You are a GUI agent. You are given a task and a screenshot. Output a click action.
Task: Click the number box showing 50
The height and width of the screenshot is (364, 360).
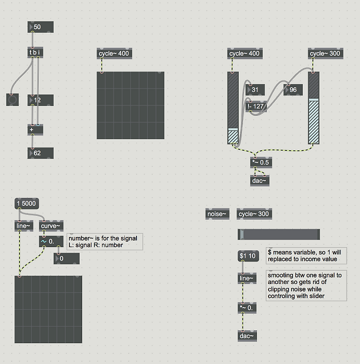40,27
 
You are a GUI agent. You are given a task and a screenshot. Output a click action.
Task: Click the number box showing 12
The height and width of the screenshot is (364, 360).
40,100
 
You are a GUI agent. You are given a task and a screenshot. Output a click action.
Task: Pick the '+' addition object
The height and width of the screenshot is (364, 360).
35,129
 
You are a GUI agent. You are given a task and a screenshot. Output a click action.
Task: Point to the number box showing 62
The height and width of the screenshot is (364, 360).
40,153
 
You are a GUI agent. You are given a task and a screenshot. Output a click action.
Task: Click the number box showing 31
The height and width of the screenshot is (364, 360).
257,90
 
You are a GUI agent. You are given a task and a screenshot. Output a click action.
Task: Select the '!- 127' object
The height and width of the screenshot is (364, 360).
257,106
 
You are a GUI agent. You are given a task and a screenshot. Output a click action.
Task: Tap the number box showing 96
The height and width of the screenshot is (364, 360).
293,90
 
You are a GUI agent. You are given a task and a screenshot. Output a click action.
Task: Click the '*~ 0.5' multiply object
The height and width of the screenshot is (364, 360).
261,163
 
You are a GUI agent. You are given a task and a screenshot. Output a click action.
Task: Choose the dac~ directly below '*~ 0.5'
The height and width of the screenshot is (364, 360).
260,180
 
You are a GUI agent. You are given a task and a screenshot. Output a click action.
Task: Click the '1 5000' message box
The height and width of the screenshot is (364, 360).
26,204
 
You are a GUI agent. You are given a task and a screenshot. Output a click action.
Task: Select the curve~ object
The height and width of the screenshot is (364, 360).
51,225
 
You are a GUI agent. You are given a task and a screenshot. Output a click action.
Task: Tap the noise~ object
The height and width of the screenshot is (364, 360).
217,214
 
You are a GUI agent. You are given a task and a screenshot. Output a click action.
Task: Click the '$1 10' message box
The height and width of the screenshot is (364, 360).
248,256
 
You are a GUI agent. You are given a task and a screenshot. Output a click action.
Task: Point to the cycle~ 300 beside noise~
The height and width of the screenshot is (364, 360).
254,214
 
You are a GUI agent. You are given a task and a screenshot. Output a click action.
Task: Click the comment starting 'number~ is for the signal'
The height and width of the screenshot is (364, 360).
104,241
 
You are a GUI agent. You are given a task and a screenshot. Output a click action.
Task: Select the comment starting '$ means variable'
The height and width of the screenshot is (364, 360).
306,255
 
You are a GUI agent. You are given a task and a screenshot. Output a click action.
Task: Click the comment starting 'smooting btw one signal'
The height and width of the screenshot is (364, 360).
305,285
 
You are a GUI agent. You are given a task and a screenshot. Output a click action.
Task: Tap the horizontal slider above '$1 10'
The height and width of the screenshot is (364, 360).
278,234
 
